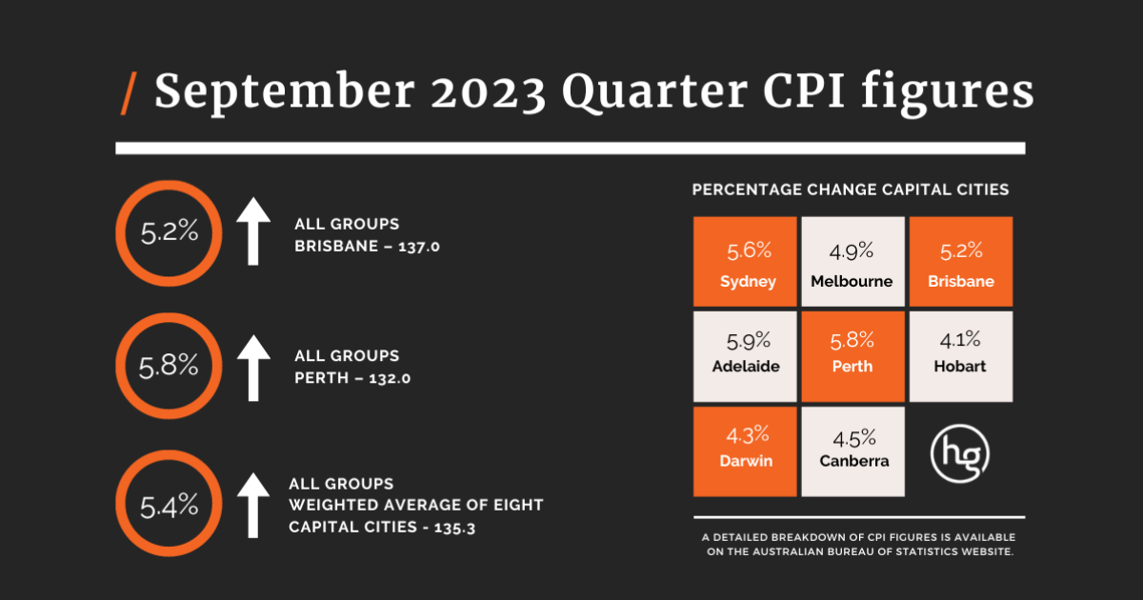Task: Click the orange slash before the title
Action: tap(129, 93)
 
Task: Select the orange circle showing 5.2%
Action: tap(170, 231)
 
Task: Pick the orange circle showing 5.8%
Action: tap(170, 366)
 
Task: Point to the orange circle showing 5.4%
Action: tap(170, 504)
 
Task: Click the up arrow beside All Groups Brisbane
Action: tap(252, 231)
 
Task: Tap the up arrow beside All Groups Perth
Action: tap(252, 366)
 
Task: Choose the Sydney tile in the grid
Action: tap(745, 262)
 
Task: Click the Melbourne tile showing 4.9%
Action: tap(852, 262)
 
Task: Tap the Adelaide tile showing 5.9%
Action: tap(745, 352)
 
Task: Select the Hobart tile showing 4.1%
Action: tap(960, 352)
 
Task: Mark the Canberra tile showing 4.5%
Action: tap(852, 451)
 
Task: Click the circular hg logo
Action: tap(959, 451)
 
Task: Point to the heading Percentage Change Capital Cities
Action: tap(850, 190)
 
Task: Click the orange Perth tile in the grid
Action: tap(852, 352)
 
